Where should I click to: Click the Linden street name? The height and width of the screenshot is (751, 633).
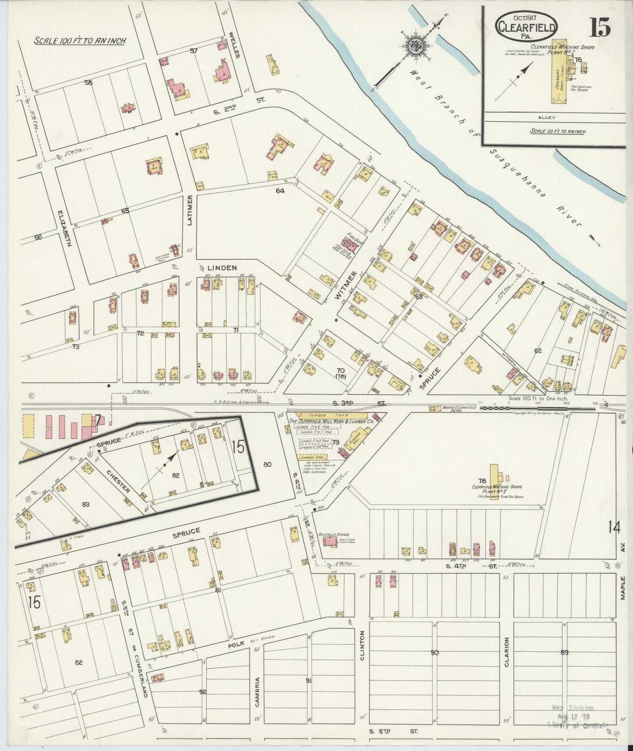coord(222,268)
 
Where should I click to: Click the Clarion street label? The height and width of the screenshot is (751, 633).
coord(506,652)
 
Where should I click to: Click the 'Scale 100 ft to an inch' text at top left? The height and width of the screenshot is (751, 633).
coord(80,41)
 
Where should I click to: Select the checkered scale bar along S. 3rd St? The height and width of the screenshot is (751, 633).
coord(538,408)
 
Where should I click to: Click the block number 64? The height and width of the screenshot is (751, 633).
coord(280,190)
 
